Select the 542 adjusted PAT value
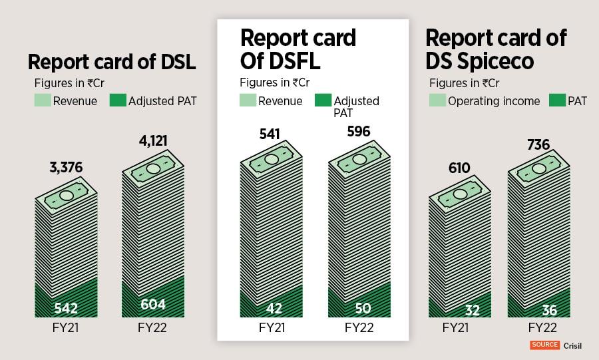pos(65,308)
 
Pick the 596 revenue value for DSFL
pos(358,130)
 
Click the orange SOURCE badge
pos(544,345)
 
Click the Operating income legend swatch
pos(437,100)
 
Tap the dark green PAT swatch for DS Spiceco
pos(558,100)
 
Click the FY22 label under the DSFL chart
pos(359,327)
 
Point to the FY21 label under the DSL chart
pos(66,327)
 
